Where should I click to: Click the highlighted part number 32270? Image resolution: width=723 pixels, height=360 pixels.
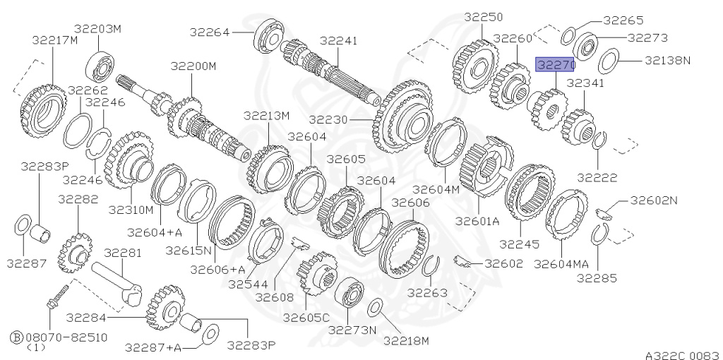555,65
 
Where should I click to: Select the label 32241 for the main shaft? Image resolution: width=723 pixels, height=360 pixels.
338,40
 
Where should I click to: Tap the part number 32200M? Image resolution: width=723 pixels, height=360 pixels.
193,66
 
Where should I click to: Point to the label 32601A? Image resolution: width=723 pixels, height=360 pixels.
477,221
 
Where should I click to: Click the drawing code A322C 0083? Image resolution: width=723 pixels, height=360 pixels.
683,355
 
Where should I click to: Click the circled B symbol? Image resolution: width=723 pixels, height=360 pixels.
17,337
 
